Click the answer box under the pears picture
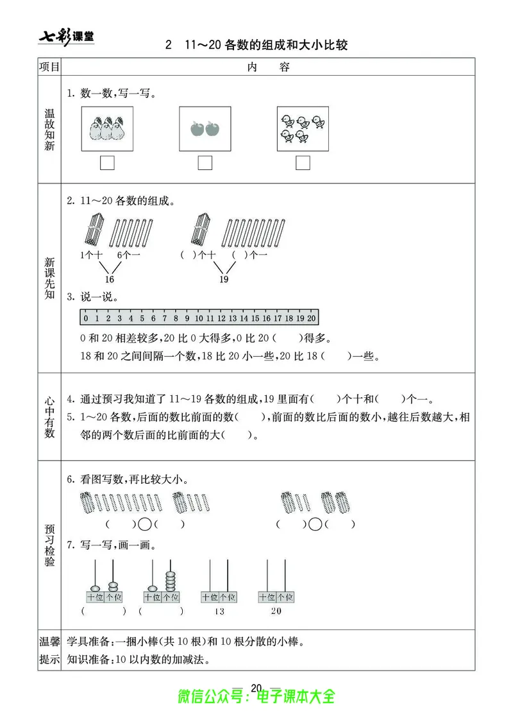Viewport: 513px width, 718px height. [x=107, y=164]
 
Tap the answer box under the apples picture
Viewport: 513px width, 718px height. [x=205, y=164]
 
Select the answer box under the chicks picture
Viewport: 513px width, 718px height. [x=303, y=164]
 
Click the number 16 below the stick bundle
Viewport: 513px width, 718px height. [x=109, y=280]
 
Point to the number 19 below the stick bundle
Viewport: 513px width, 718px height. [x=224, y=280]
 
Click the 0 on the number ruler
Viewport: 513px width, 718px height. [x=85, y=318]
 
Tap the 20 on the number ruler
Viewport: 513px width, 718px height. [x=312, y=318]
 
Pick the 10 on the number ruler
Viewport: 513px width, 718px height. [x=199, y=318]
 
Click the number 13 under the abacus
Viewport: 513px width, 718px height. [x=219, y=611]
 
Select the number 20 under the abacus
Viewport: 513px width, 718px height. [x=276, y=611]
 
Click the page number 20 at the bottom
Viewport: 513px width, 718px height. [x=256, y=688]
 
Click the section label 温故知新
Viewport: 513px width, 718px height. [x=49, y=129]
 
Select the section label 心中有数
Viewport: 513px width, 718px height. [x=49, y=416]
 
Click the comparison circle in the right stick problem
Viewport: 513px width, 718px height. [x=315, y=524]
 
